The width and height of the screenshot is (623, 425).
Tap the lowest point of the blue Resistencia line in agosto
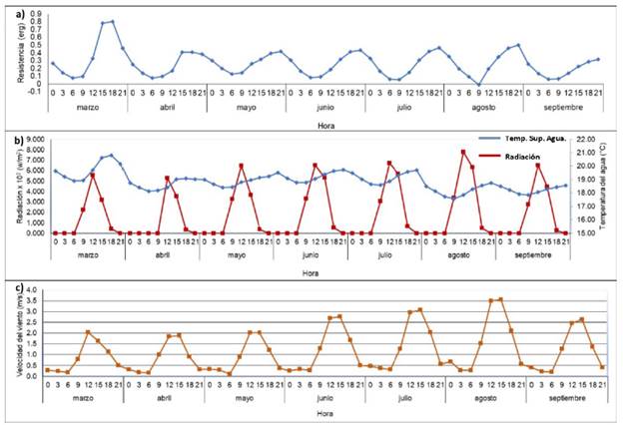click(x=481, y=86)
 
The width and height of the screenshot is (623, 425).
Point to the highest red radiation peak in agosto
click(x=463, y=152)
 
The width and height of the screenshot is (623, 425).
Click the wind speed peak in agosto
click(x=500, y=298)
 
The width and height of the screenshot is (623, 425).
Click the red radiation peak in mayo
click(x=241, y=166)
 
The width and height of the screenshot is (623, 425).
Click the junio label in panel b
click(x=311, y=253)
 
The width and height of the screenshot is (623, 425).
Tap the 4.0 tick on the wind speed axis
click(x=31, y=290)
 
